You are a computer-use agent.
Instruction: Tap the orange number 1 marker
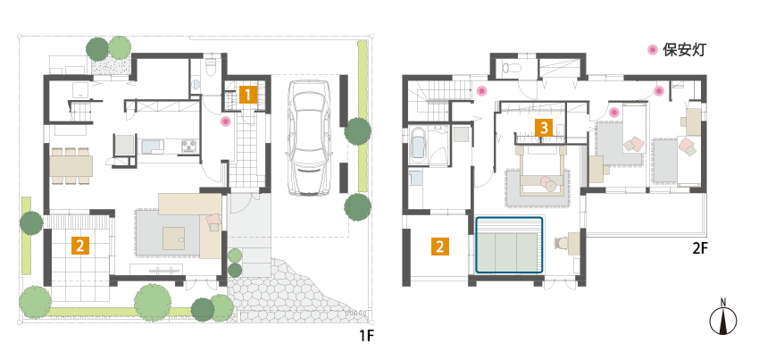[x=246, y=95]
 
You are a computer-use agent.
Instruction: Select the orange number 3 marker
[x=544, y=129]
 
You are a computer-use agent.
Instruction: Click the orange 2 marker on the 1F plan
[x=80, y=246]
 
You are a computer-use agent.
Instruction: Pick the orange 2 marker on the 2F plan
[x=439, y=247]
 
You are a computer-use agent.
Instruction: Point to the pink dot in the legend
[x=653, y=49]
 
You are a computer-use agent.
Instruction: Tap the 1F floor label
[x=367, y=335]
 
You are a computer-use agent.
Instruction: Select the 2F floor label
[x=700, y=249]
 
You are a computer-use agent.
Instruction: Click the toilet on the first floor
[x=211, y=67]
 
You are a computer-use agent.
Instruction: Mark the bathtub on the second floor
[x=417, y=143]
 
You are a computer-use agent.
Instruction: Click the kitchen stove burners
[x=189, y=146]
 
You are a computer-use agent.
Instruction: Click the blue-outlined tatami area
[x=509, y=246]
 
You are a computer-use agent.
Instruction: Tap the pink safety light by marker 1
[x=225, y=121]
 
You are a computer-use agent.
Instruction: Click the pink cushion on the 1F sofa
[x=213, y=220]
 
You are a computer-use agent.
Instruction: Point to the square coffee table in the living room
[x=173, y=238]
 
